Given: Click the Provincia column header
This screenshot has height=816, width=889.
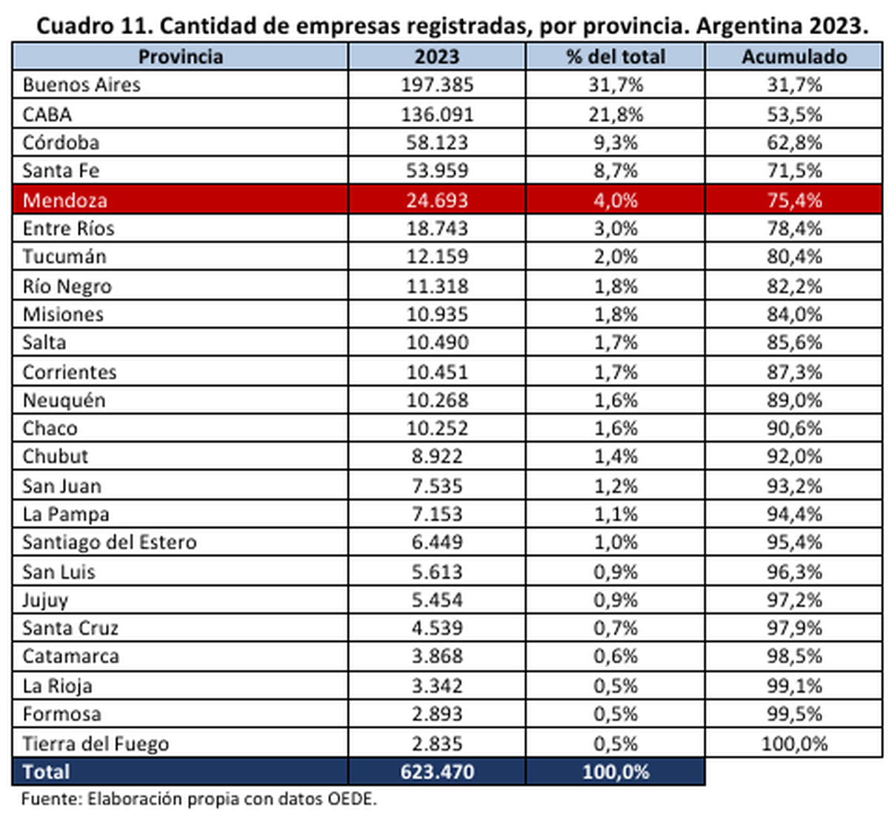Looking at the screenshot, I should point(180,57).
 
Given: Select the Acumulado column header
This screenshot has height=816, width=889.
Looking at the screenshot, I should point(794,57).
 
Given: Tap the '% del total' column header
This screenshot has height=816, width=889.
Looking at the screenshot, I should point(615,57).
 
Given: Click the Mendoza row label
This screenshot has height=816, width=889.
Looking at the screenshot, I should point(65,200).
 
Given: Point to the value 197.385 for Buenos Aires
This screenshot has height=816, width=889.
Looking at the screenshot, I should point(437,85).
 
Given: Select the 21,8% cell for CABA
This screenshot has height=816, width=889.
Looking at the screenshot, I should point(615,115).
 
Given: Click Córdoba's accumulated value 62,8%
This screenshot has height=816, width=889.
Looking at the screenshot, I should point(794,142).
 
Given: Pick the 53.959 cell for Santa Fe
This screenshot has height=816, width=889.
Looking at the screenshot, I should point(437,171).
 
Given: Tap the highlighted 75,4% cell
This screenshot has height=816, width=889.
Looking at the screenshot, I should point(794,200).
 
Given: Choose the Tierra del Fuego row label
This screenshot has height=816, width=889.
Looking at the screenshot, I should point(96,743).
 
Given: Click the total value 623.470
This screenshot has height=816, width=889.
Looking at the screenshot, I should point(437,772).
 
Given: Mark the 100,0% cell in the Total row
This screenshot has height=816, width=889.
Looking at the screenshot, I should point(615,772).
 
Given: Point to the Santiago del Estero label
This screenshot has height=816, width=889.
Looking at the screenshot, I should point(110,542).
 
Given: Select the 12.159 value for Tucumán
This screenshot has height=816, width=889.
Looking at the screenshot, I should point(437,257).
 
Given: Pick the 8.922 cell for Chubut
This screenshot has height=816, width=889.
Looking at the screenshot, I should point(437,457).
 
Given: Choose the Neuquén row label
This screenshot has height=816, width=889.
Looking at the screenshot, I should point(64,401).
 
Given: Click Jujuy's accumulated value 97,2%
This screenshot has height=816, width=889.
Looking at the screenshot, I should point(794,600).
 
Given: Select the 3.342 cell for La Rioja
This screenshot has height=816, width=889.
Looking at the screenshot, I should point(437,686).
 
